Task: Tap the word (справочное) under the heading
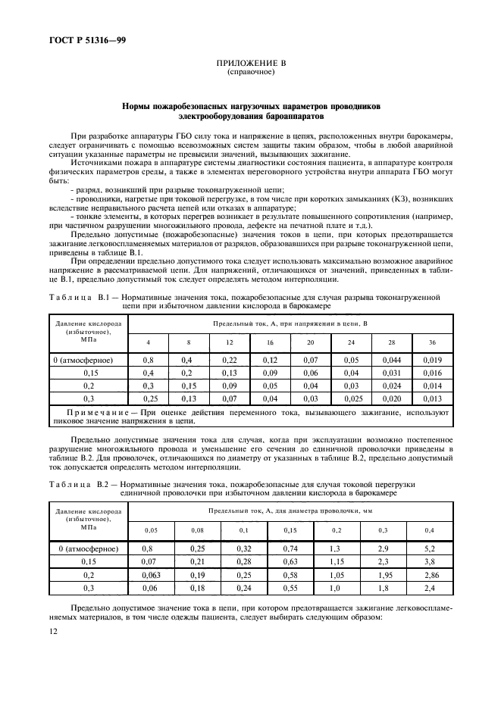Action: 250,73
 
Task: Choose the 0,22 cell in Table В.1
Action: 229,360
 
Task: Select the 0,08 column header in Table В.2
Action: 197,529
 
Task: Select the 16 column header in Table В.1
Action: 270,342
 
